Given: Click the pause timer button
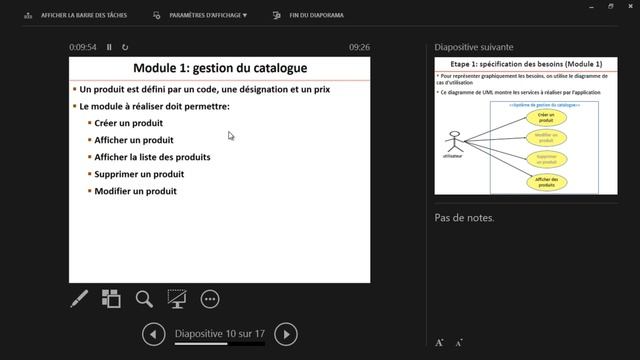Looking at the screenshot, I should pos(110,47).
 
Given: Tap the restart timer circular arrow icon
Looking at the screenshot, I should pos(125,47).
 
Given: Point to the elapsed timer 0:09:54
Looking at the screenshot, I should pos(83,47).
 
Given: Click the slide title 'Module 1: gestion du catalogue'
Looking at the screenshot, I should pos(219,68).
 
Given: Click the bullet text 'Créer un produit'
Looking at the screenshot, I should pos(127,122).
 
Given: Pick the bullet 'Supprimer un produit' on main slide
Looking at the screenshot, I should pos(139,173).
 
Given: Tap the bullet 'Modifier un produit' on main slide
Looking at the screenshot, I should pos(135,190).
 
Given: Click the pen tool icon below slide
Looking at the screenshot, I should pos(79,298).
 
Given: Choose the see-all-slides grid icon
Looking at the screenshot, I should pos(111,298).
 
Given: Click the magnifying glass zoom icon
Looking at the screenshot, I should pos(144,298).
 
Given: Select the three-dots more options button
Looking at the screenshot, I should pos(210,298).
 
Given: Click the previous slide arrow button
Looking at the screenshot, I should pos(153,333).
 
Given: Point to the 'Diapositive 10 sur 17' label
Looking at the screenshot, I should pos(219,333).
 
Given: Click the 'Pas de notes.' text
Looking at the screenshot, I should pos(464,218).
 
